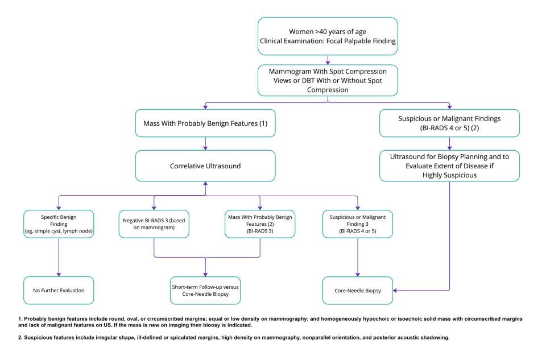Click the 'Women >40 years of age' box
coord(327,36)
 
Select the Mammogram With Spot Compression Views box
coord(327,80)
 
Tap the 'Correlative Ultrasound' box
coord(205,166)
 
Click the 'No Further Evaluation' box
coord(59,290)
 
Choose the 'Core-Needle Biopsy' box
coord(357,290)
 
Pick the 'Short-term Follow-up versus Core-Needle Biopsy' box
coord(205,291)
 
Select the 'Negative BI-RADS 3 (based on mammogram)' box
coord(154,224)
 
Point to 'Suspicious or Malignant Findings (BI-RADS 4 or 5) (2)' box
coord(449,123)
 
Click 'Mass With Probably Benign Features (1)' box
coord(205,123)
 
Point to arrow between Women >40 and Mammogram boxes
coord(328,60)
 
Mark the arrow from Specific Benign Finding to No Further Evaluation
coord(59,256)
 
